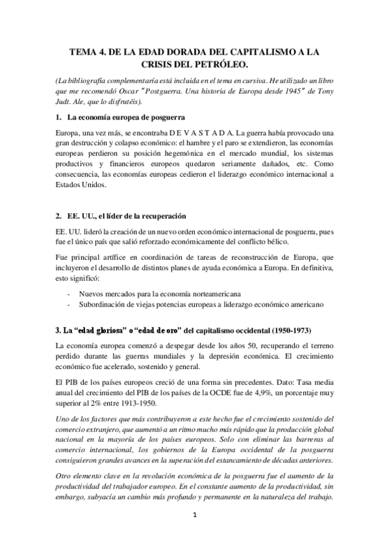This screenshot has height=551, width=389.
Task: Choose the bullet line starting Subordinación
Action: (191, 305)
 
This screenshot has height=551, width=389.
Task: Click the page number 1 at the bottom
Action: (194, 533)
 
